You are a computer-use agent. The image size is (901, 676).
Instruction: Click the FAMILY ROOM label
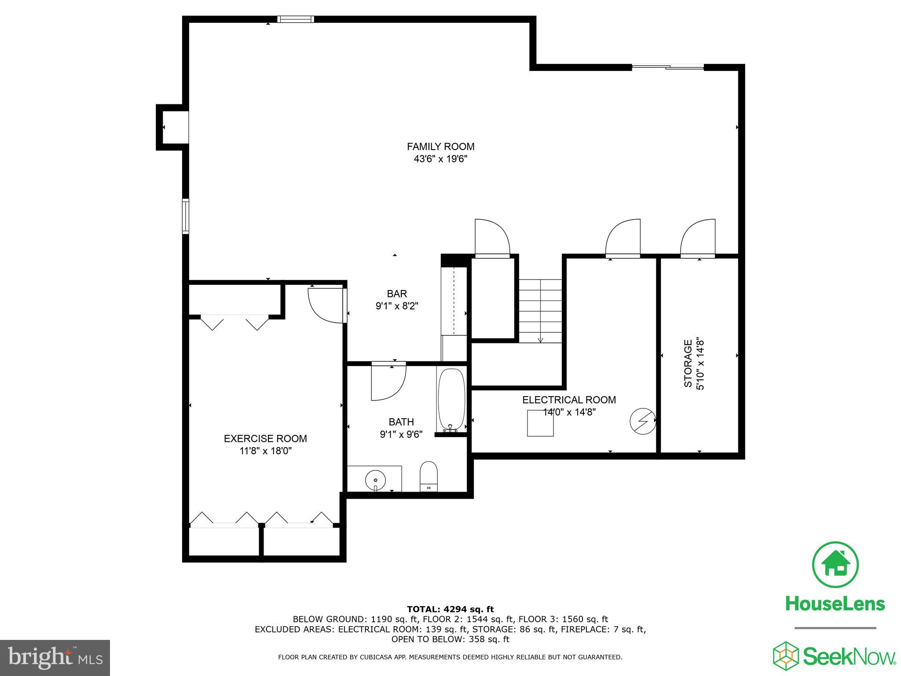click(x=440, y=147)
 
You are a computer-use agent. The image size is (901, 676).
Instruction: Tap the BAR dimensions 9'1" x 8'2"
click(x=396, y=306)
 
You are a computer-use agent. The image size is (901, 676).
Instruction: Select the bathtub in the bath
click(x=451, y=399)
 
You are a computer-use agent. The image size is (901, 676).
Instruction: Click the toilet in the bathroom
click(x=429, y=476)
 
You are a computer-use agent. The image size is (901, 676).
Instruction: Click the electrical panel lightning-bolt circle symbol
click(x=643, y=420)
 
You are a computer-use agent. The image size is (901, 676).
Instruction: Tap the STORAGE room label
click(x=688, y=364)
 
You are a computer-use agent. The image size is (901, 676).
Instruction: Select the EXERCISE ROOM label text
click(x=265, y=438)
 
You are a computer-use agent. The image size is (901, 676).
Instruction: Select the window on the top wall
click(x=296, y=19)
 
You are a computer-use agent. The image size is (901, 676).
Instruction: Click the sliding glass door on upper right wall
click(x=668, y=67)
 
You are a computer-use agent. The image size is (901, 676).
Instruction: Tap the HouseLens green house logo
click(x=835, y=565)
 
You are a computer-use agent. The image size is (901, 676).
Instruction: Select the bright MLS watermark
click(x=55, y=658)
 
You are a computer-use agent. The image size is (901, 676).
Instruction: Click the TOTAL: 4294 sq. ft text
click(x=450, y=610)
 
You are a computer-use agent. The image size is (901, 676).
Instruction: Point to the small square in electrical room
click(x=540, y=423)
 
